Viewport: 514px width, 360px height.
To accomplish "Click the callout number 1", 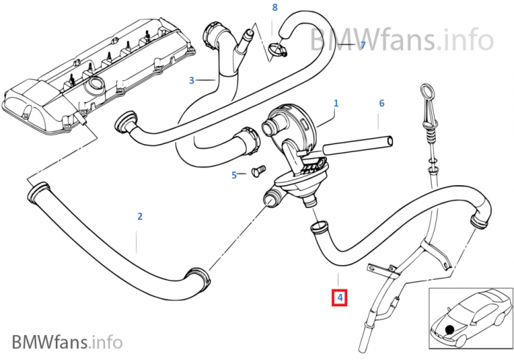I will tap(336, 104).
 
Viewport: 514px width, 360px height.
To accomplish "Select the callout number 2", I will tap(140, 216).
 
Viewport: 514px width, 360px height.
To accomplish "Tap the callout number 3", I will tap(191, 80).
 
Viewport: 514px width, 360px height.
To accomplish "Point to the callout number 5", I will tap(234, 175).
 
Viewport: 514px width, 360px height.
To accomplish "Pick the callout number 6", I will tap(382, 104).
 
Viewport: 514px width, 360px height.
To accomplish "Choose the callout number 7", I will tap(361, 46).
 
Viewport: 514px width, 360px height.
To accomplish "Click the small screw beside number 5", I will tap(256, 170).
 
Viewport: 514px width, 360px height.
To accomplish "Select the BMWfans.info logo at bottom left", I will tap(66, 341).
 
